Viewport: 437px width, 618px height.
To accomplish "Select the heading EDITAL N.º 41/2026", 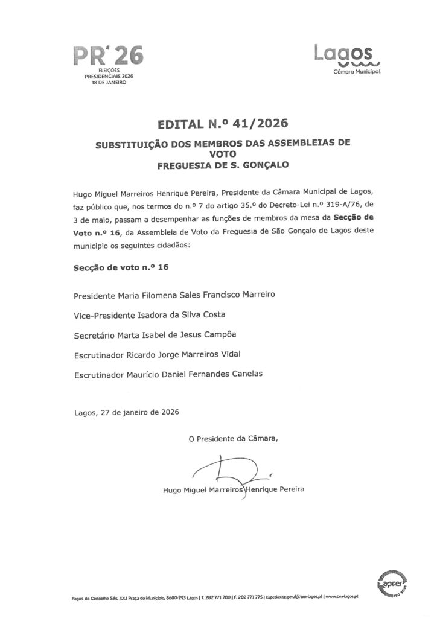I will pyautogui.click(x=218, y=125).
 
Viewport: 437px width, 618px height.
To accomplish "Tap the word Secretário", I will pyautogui.click(x=94, y=334).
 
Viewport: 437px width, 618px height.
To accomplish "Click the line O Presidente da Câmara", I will pyautogui.click(x=234, y=438).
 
